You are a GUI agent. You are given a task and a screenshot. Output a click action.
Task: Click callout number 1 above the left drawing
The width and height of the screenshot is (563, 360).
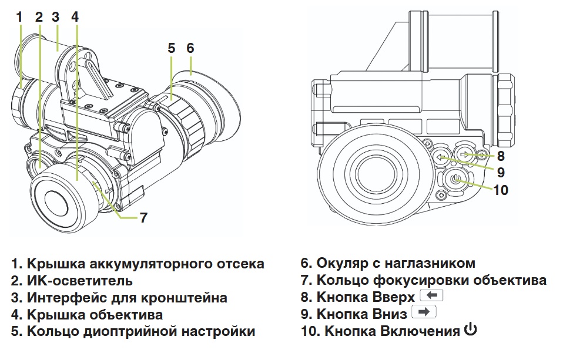pyautogui.click(x=19, y=16)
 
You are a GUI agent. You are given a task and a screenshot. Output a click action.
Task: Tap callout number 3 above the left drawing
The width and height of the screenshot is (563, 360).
pyautogui.click(x=55, y=16)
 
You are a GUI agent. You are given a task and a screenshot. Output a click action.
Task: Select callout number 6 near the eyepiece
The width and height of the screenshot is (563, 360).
pyautogui.click(x=190, y=48)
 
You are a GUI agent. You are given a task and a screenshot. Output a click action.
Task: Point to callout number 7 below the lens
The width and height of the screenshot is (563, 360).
pyautogui.click(x=143, y=218)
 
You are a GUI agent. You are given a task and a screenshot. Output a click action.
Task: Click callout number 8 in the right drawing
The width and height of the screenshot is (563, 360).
pyautogui.click(x=500, y=156)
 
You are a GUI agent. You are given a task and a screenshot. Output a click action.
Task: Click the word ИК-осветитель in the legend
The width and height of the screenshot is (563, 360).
pyautogui.click(x=79, y=281)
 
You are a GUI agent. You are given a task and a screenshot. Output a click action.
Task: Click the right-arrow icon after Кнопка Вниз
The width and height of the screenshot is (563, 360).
pyautogui.click(x=423, y=313)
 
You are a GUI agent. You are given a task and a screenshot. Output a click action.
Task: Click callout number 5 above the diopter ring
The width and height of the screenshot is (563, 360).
pyautogui.click(x=171, y=48)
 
